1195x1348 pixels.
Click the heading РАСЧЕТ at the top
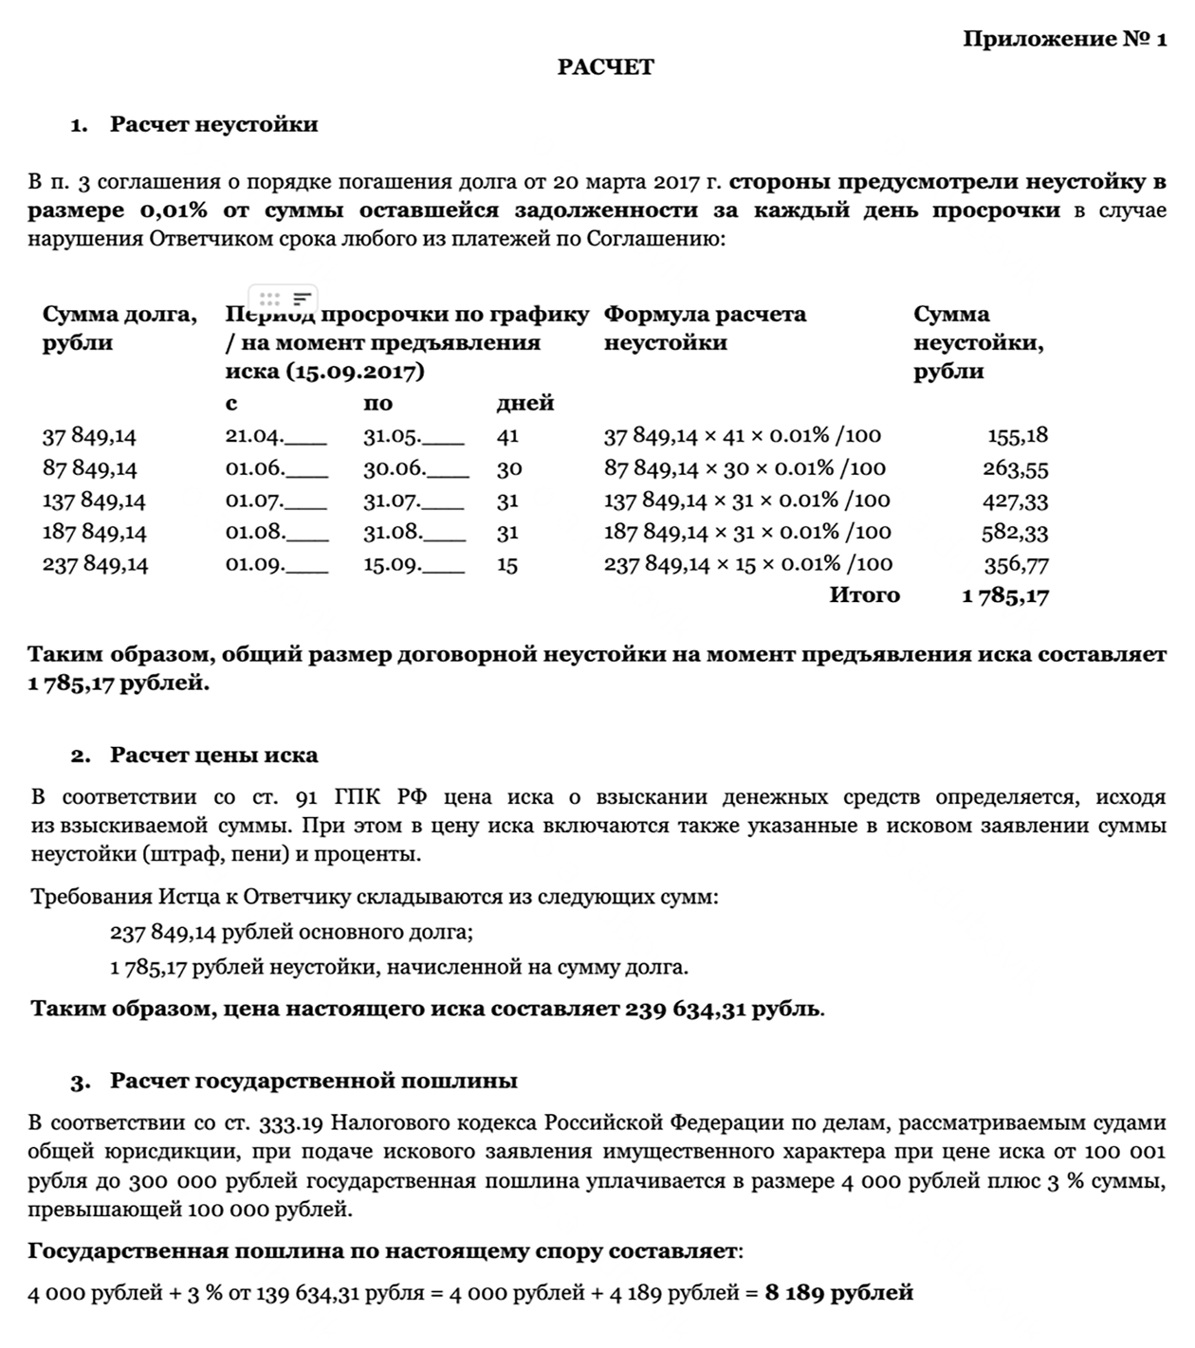605,67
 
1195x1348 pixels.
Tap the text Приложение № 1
1064,39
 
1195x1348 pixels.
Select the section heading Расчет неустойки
213,124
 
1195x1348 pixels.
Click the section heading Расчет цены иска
213,756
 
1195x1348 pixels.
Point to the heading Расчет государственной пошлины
313,1081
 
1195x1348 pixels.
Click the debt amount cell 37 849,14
89,436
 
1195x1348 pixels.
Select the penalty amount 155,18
1017,436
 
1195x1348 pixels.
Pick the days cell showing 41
507,436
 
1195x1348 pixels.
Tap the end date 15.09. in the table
392,565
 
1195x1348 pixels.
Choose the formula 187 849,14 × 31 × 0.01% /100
747,532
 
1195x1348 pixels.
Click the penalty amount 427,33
1016,501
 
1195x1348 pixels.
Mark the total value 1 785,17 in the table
1004,596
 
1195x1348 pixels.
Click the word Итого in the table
864,595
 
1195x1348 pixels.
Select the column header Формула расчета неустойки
705,328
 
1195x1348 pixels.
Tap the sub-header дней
524,404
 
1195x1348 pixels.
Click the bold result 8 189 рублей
838,1292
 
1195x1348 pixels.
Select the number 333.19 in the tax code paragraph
291,1123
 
